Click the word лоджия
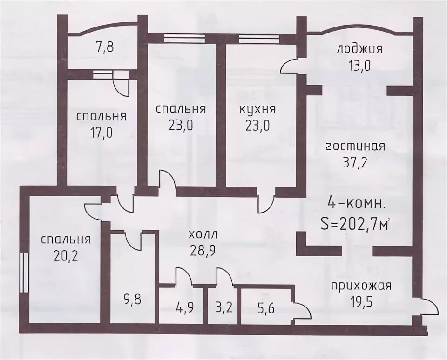[359, 49]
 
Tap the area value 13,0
[359, 66]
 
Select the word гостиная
[355, 147]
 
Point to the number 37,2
[355, 163]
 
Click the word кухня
[257, 110]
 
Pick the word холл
[203, 235]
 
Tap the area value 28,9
[203, 251]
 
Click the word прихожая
[361, 286]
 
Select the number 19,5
[361, 301]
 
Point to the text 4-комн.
[357, 204]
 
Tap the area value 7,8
[105, 47]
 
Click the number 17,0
[102, 133]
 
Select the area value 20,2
[66, 256]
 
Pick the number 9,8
[133, 300]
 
